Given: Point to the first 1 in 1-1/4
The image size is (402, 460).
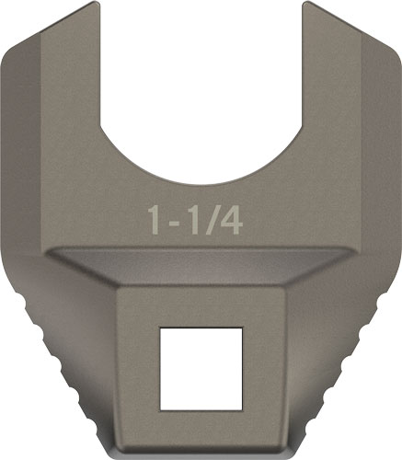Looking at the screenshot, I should click(x=157, y=220).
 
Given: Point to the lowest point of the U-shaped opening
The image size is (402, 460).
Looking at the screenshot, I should click(x=201, y=181).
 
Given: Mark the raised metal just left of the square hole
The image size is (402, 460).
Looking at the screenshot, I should click(x=138, y=368).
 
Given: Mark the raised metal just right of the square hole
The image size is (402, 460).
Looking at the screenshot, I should click(x=265, y=368).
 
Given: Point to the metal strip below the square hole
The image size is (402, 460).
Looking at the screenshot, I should click(x=201, y=428).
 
